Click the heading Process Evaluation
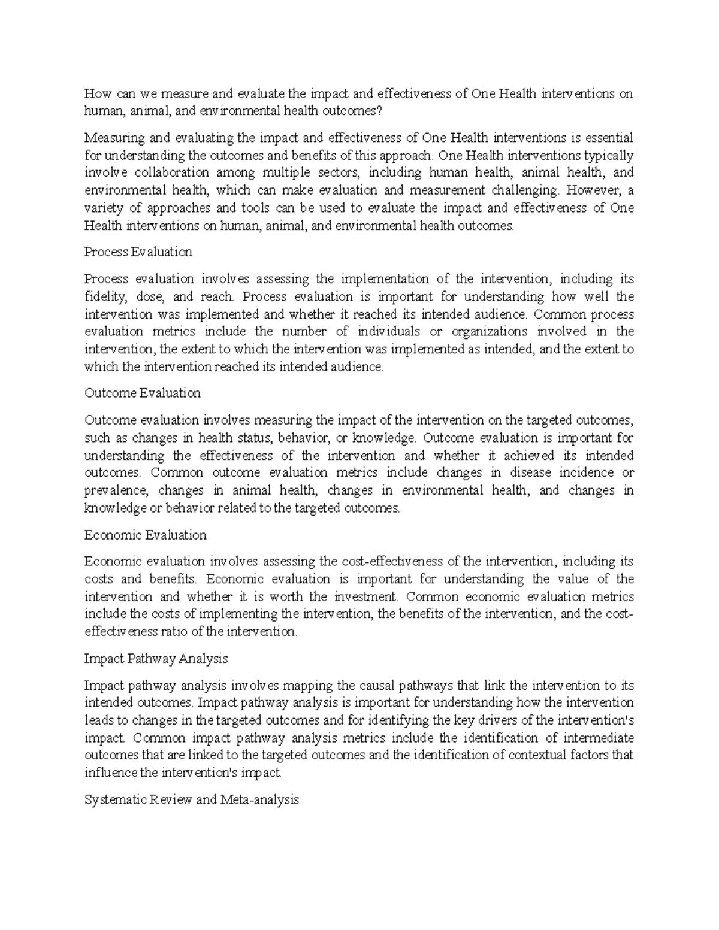point(138,252)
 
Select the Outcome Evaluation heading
point(143,393)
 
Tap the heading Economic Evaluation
point(146,535)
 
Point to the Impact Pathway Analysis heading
point(156,659)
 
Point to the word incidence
point(577,472)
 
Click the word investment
point(365,596)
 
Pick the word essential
point(607,138)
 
